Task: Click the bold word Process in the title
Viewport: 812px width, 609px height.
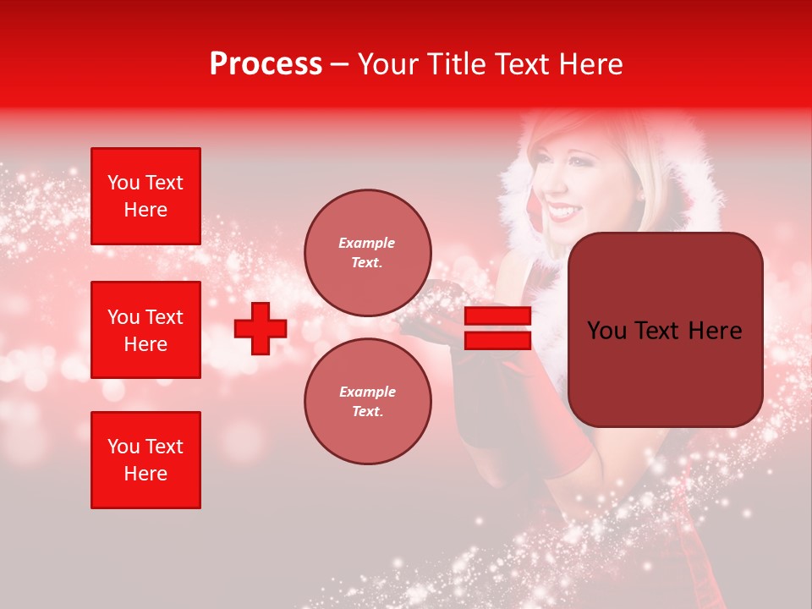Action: (x=266, y=64)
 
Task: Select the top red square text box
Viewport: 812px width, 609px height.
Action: (x=145, y=196)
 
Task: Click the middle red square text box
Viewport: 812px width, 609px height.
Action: (x=145, y=330)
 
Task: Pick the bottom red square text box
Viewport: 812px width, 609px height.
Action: (x=145, y=460)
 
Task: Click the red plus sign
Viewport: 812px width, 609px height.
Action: (x=261, y=329)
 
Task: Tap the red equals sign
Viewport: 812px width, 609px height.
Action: (x=498, y=329)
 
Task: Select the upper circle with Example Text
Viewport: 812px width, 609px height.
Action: (x=367, y=253)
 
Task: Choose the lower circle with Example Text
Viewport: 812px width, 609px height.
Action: (x=367, y=402)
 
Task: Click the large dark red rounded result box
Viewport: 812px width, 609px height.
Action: (x=665, y=330)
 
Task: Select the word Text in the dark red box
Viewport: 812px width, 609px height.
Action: (x=663, y=331)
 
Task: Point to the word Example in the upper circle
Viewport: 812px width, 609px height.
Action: (x=367, y=244)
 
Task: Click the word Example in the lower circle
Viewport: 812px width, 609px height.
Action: (x=367, y=392)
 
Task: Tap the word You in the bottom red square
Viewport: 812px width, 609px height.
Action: (x=123, y=447)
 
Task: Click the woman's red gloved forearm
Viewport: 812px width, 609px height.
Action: (x=508, y=440)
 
